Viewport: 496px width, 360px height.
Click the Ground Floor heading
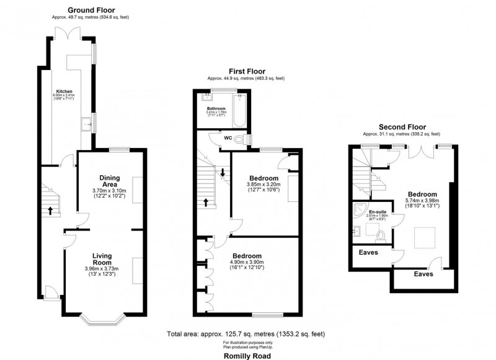pyautogui.click(x=91, y=10)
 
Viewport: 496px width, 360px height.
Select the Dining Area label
pyautogui.click(x=109, y=180)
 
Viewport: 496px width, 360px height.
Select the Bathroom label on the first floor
pyautogui.click(x=216, y=108)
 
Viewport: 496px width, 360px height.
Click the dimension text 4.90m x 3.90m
pyautogui.click(x=247, y=262)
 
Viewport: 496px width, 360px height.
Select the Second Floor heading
pyautogui.click(x=401, y=126)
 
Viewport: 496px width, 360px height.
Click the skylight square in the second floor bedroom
pyautogui.click(x=423, y=237)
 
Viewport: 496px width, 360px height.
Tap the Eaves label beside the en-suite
pyautogui.click(x=369, y=252)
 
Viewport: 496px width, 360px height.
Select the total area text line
pyautogui.click(x=246, y=335)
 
